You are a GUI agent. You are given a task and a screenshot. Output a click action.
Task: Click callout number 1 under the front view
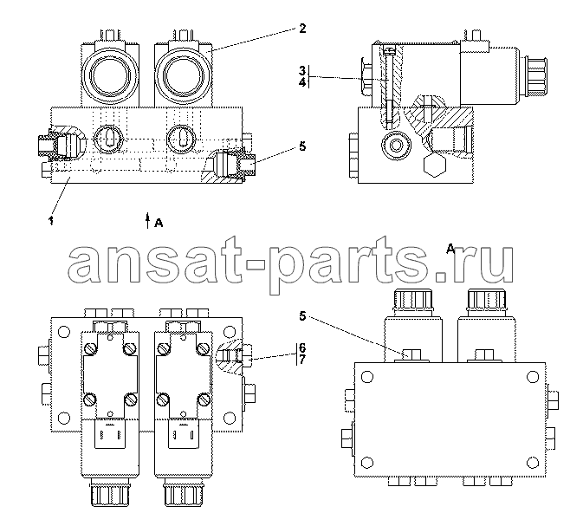51,198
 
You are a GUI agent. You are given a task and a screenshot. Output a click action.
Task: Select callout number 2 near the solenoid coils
301,29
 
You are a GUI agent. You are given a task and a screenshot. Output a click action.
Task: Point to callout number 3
302,69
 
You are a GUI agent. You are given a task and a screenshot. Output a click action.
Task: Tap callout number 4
302,84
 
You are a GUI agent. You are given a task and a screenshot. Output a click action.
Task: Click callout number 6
302,347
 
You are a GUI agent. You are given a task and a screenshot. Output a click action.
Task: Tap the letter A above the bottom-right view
451,248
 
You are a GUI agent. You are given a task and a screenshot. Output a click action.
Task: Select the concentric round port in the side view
396,143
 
